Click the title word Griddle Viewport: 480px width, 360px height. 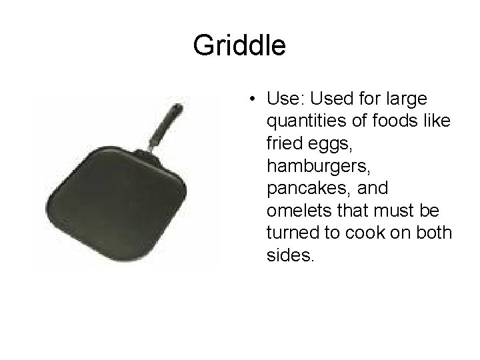tap(239, 45)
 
